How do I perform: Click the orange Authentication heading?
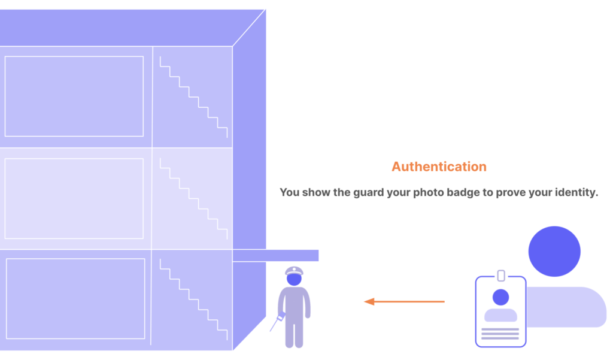point(439,167)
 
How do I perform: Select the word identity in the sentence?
point(572,192)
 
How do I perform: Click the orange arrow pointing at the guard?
point(404,301)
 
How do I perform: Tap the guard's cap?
point(294,271)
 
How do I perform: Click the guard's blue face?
point(294,279)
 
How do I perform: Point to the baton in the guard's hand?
point(276,322)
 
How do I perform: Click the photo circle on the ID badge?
point(501,297)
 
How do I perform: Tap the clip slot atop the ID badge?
point(501,276)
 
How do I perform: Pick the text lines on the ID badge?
point(500,334)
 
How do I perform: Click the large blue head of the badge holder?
point(554,251)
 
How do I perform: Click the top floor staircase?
point(193,98)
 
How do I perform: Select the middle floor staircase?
point(193,199)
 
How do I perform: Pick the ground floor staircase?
point(193,300)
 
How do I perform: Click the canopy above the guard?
point(275,256)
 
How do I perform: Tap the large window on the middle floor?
point(74,198)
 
